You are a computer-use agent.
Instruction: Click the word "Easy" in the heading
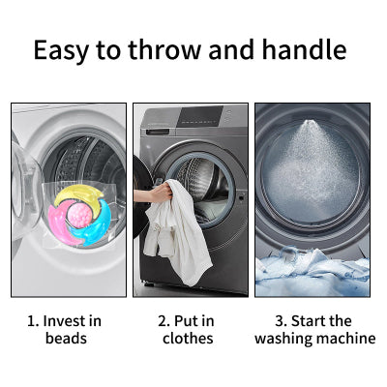point(61,50)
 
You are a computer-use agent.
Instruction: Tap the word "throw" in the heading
point(165,49)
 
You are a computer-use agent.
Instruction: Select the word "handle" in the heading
point(304,49)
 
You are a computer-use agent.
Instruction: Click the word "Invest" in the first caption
point(64,321)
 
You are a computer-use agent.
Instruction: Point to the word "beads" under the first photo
point(66,339)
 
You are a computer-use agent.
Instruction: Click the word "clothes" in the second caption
point(188,339)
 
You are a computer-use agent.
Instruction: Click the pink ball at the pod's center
point(79,216)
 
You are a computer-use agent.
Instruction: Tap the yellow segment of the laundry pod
point(78,194)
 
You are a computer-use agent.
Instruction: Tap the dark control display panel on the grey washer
point(200,116)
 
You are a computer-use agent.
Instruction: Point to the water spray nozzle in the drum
point(309,123)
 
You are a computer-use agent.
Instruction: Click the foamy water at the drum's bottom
point(313,271)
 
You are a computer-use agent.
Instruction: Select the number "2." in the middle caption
point(164,321)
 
